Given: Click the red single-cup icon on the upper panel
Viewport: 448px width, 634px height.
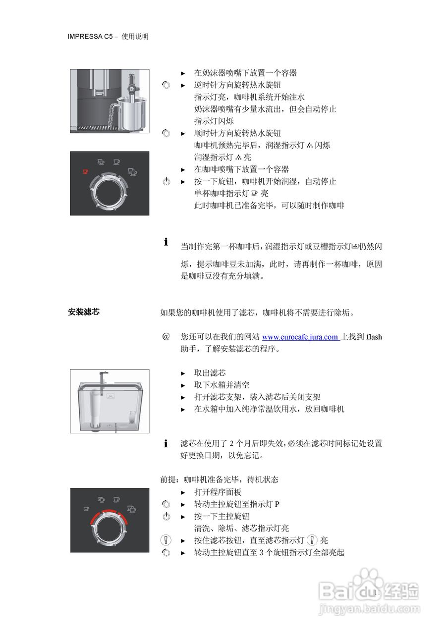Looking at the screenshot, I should [x=85, y=171].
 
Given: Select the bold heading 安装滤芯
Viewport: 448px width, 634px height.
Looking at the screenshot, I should [x=84, y=312].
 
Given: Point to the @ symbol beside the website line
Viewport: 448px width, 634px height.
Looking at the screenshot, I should [x=166, y=337].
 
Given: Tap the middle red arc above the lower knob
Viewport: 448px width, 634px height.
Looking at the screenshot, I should [x=109, y=511].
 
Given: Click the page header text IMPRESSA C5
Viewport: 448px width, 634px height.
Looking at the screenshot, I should [x=91, y=37].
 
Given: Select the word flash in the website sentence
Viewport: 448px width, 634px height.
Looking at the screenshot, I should [x=374, y=337].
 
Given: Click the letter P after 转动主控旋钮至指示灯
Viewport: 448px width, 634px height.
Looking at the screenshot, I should [x=278, y=504].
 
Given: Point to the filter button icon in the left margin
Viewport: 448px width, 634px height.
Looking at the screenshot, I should [x=166, y=540].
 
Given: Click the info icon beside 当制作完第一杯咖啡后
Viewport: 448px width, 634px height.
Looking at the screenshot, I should [x=166, y=243].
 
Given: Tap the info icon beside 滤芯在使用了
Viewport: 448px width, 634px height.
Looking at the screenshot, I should [x=166, y=444].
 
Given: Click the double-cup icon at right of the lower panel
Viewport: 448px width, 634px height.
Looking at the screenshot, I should [x=132, y=509].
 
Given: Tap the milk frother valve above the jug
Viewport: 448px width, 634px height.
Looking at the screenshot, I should [x=131, y=86].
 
